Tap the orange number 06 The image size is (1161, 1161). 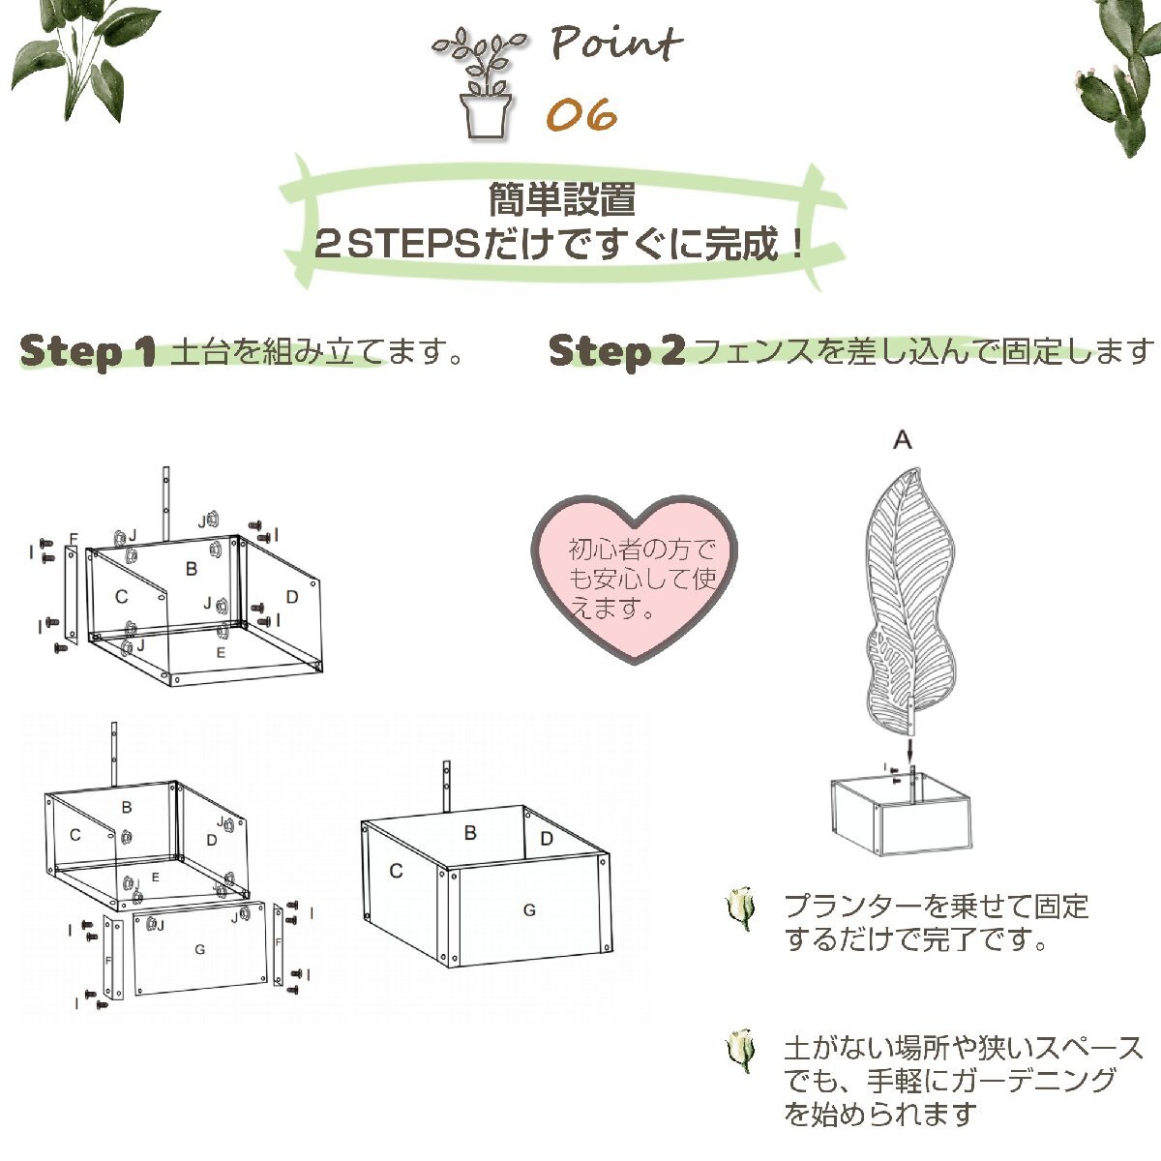click(x=582, y=113)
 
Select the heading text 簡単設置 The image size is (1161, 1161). click(x=561, y=199)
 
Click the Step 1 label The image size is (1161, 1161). click(x=87, y=352)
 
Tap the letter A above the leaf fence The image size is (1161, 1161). click(x=902, y=440)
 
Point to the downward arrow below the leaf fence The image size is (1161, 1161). click(x=910, y=751)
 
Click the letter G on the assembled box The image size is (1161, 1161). click(x=529, y=909)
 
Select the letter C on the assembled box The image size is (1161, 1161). click(x=396, y=871)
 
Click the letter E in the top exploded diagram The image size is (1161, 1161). click(x=221, y=652)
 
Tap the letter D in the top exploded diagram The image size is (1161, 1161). click(x=292, y=597)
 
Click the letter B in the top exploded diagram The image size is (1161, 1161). click(x=192, y=568)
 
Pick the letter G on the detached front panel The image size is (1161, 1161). click(x=200, y=949)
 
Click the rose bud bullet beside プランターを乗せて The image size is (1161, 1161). click(x=740, y=908)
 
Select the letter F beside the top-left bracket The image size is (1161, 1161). click(x=74, y=538)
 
